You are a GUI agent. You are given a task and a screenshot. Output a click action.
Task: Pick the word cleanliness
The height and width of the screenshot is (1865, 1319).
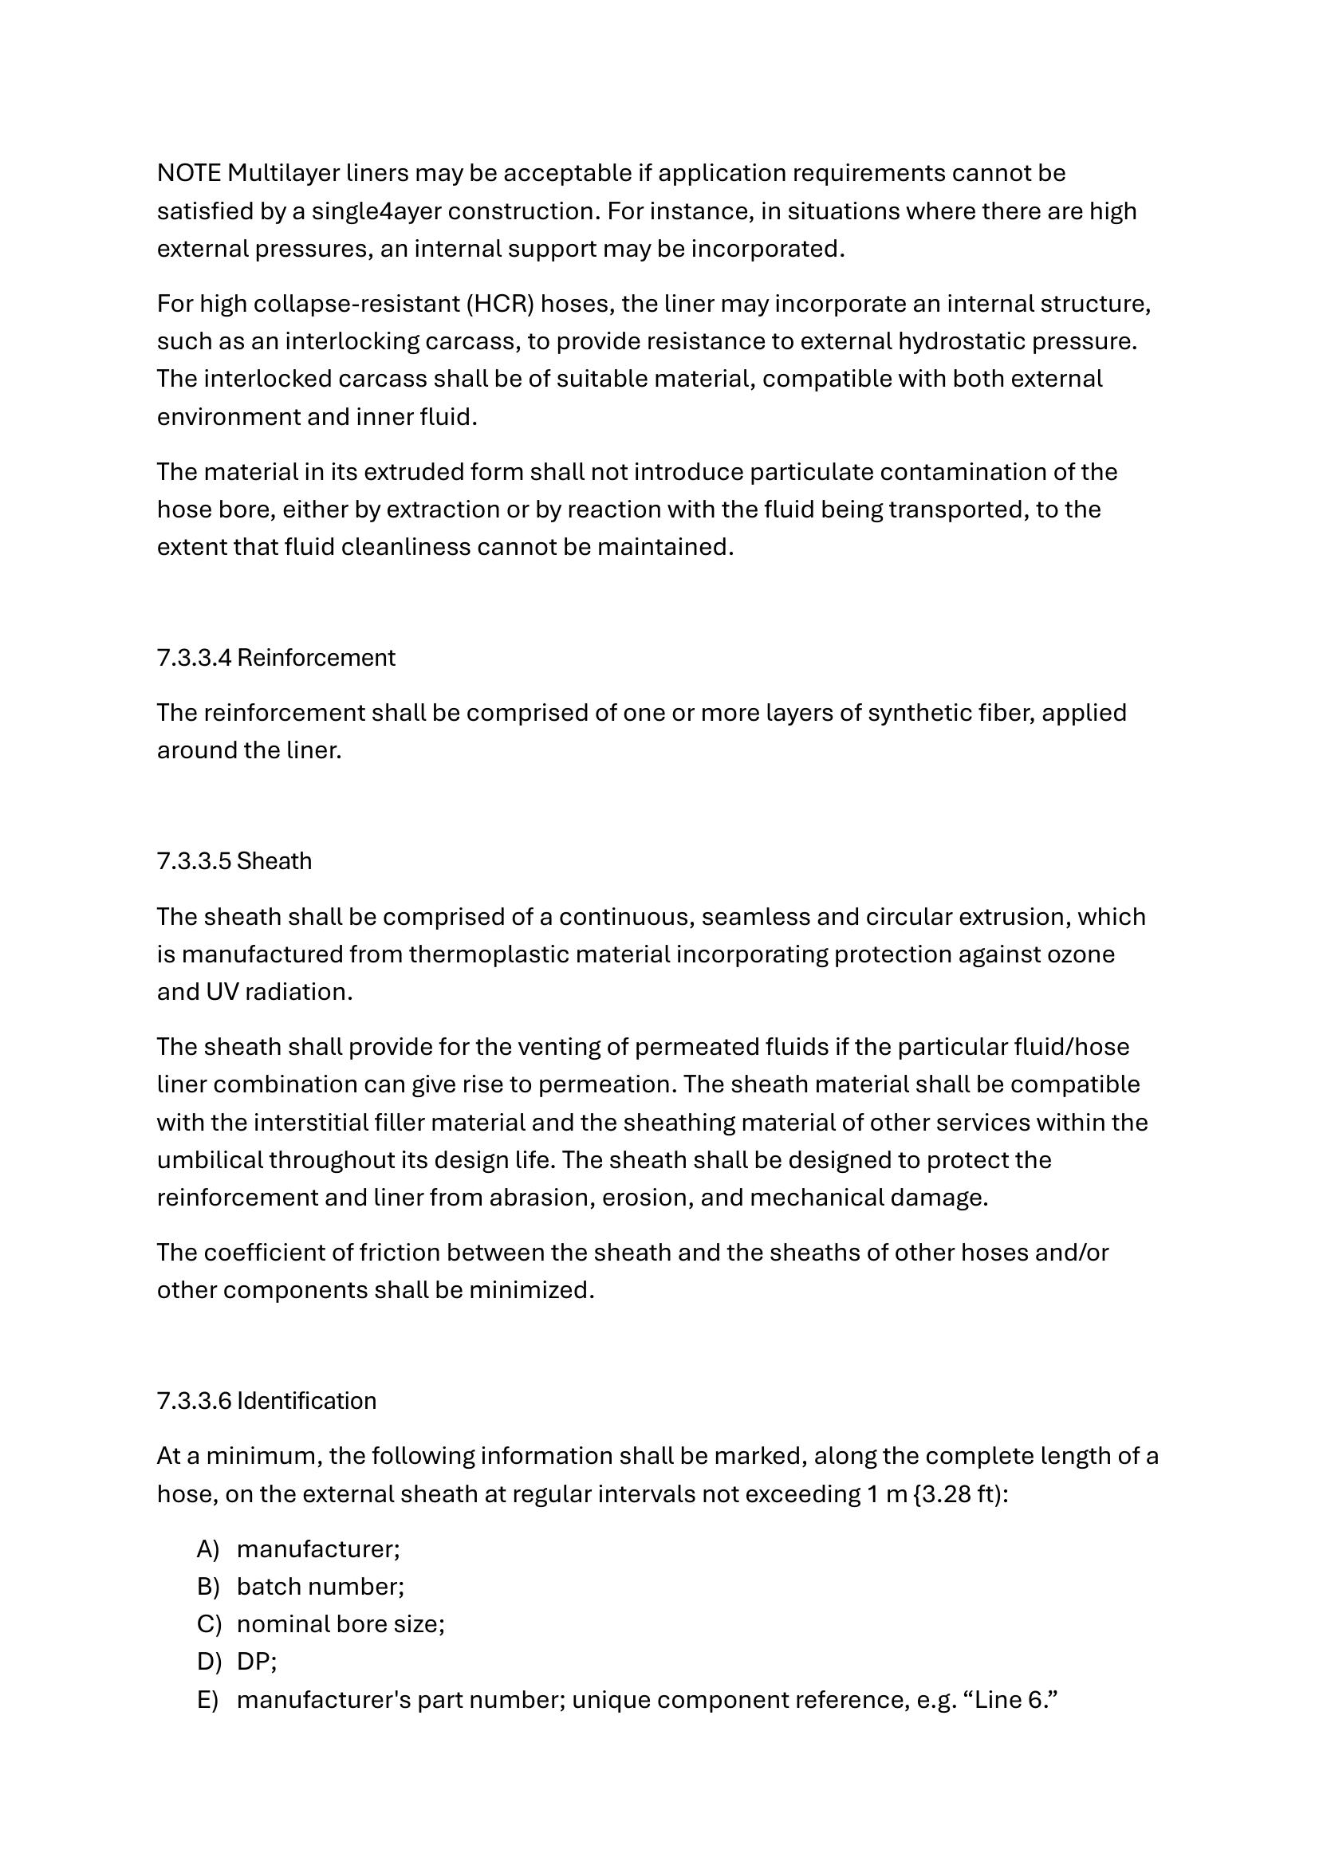[x=405, y=547]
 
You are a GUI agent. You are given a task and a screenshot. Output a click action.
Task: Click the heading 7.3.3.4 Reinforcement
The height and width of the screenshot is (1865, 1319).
[x=275, y=658]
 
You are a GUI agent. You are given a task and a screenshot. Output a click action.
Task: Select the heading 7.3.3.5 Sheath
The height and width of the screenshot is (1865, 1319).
[x=234, y=861]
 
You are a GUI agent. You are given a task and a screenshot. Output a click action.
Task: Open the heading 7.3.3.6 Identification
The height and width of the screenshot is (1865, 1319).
[x=266, y=1401]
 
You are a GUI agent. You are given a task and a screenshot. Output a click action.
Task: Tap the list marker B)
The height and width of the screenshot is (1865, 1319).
[x=208, y=1587]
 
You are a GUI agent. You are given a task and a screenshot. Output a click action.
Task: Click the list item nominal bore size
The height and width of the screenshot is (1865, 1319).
[x=339, y=1623]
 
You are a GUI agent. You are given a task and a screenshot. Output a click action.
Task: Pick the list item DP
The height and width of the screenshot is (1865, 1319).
[x=254, y=1661]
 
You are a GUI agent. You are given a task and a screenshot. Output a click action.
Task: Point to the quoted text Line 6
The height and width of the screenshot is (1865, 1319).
[x=1011, y=1700]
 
